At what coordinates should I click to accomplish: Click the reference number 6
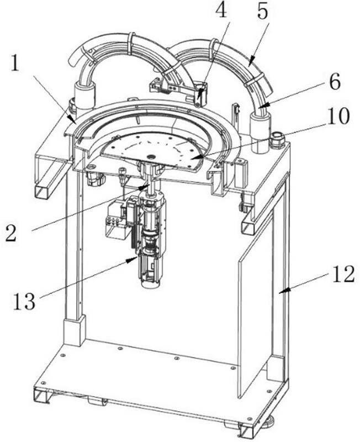335,82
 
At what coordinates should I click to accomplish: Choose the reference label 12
343,274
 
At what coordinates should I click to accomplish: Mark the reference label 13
24,301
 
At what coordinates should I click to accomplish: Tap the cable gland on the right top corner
276,140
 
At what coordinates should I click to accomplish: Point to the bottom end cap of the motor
151,283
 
